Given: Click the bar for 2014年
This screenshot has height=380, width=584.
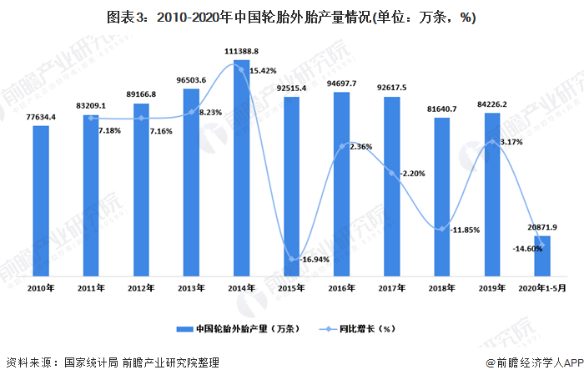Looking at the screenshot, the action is pos(241,168).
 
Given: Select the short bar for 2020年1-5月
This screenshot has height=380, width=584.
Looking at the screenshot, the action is pos(542,256).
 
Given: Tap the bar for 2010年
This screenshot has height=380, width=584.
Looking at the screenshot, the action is pos(41,201).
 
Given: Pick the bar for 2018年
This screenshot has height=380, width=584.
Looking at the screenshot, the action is pos(441,197).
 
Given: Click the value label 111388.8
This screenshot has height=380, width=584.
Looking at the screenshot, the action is pos(241,51).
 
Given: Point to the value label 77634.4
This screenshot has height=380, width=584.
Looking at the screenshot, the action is pos(41,117).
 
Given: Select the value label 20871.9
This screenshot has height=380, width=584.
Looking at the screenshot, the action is pos(542,227).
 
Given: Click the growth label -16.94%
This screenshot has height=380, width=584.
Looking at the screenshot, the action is pos(315,259).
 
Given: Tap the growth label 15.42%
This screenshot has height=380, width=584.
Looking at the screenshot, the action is pos(263,70).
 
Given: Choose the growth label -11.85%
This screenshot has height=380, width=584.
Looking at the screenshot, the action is pos(465,230).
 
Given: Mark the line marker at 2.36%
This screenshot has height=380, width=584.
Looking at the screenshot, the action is pos(342,146).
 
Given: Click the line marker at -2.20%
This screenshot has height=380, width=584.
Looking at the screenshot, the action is pos(392,173).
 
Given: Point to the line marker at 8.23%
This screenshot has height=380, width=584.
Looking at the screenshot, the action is pos(191,112).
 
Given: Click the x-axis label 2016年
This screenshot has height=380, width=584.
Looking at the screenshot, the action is pos(341,288).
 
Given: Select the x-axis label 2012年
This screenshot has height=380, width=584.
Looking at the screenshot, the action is pos(141,288).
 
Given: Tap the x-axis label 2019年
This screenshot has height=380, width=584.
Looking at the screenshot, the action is pos(492,288).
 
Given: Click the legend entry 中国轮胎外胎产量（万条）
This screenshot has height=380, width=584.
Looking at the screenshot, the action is pos(238,329).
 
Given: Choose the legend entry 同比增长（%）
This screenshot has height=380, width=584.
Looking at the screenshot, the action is pos(357,329).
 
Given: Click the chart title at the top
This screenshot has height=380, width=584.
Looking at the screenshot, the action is pos(291,18).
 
